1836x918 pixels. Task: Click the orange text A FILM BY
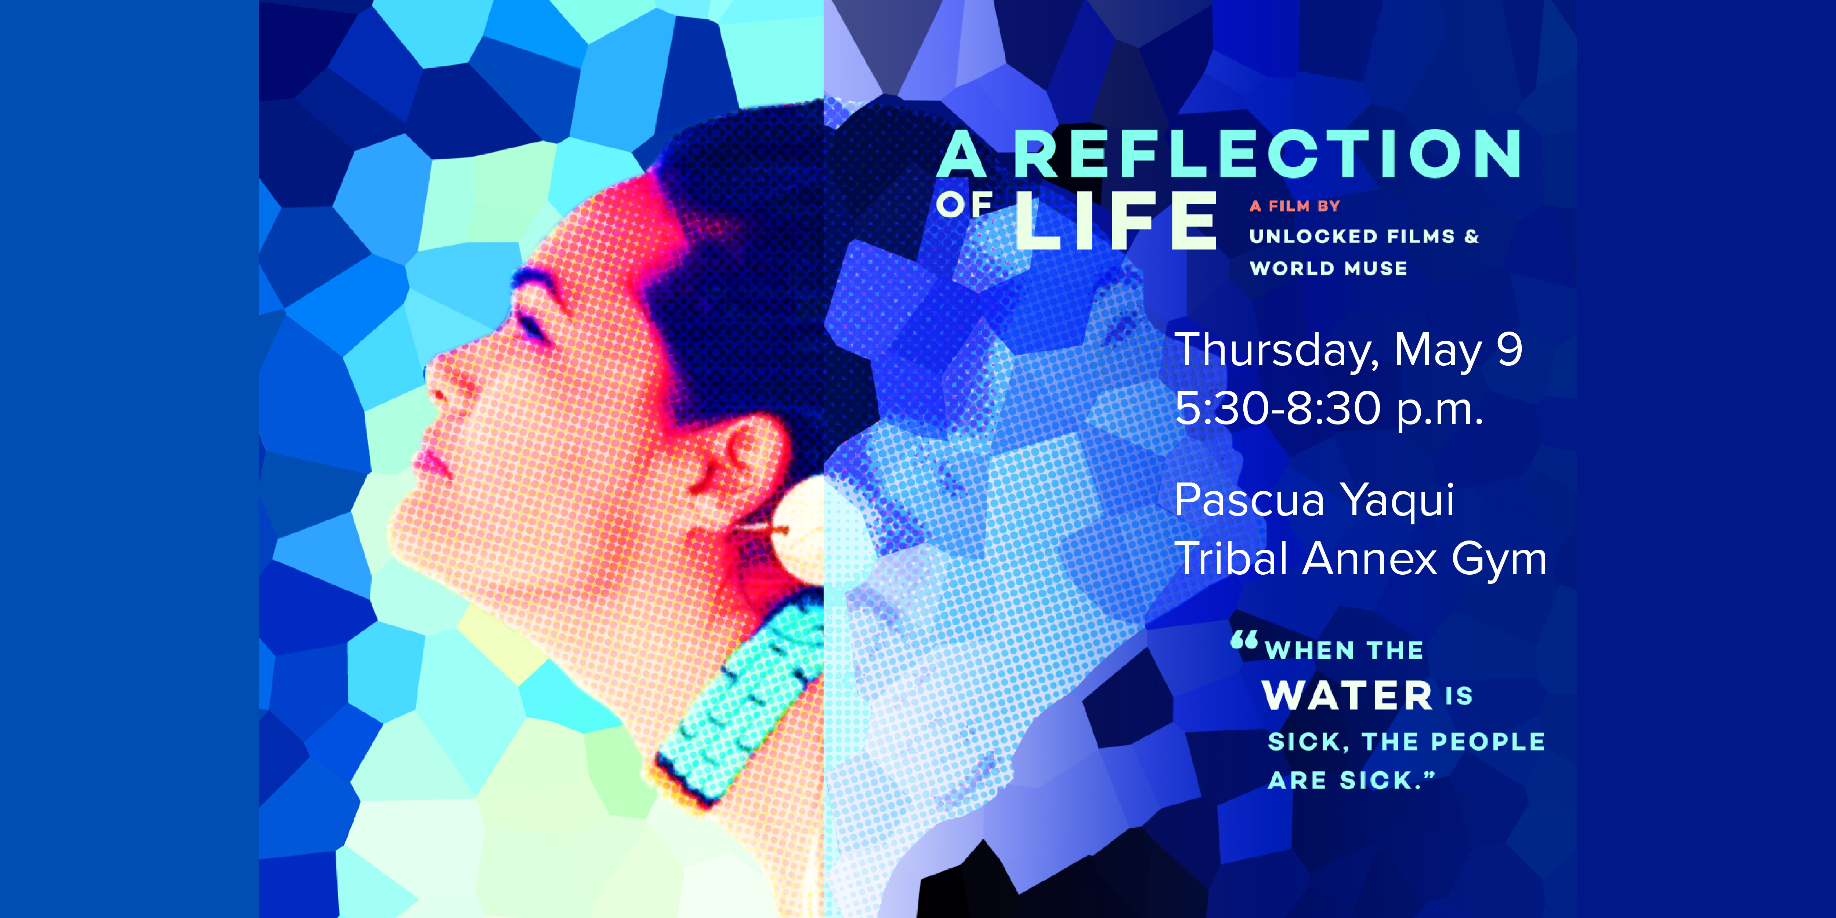(x=1295, y=206)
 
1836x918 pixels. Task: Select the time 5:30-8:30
(x=1277, y=408)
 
